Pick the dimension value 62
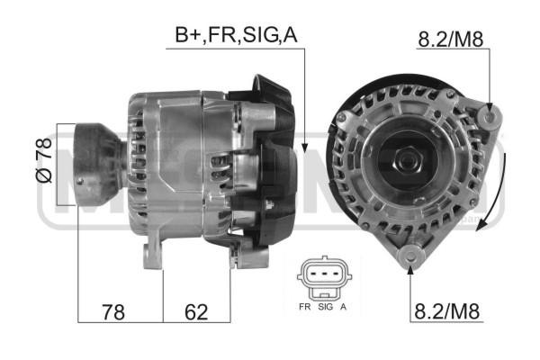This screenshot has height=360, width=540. pyautogui.click(x=195, y=312)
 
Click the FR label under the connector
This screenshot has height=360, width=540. pyautogui.click(x=304, y=307)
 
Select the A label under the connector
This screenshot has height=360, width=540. pyautogui.click(x=344, y=307)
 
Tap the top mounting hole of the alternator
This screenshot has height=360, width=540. pyautogui.click(x=490, y=114)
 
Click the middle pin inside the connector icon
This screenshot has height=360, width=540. pyautogui.click(x=324, y=274)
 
